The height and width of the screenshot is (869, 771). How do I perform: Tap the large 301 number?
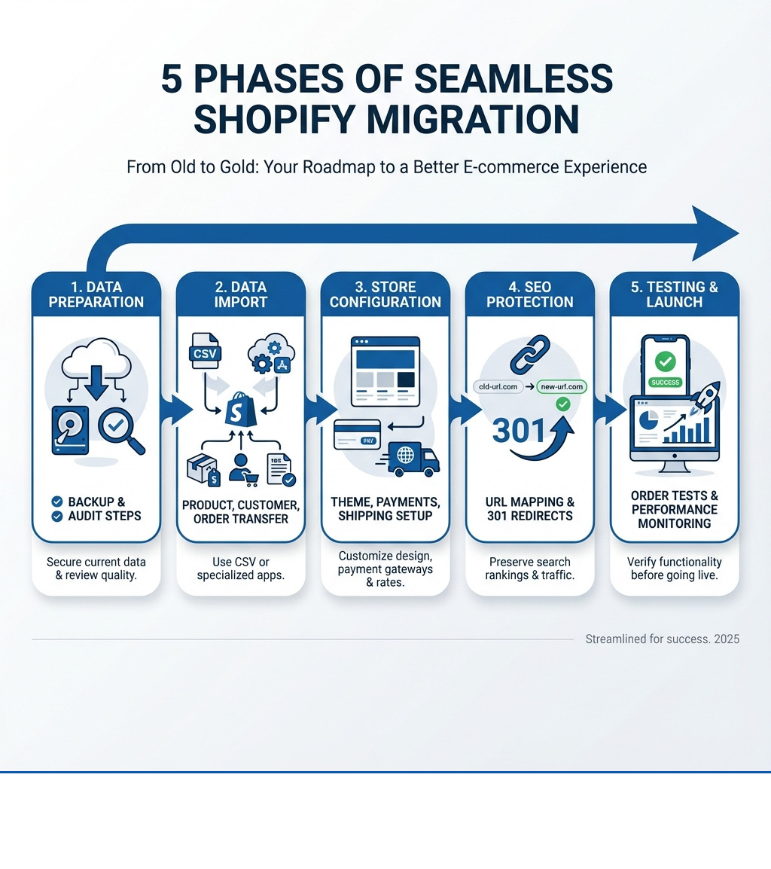coord(520,430)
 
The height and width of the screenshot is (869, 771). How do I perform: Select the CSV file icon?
coord(204,352)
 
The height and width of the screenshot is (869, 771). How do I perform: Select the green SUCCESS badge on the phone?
coord(665,382)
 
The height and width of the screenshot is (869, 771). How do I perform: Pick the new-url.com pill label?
coord(562,386)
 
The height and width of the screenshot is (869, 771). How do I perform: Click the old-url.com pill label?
coord(498,386)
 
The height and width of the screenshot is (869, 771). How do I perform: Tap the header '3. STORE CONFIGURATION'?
coord(385,294)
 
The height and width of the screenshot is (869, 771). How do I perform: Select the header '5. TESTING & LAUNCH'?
coord(675,294)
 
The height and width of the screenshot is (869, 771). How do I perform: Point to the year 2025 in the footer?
coord(727,639)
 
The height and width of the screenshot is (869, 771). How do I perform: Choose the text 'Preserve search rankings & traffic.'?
coord(530,569)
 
